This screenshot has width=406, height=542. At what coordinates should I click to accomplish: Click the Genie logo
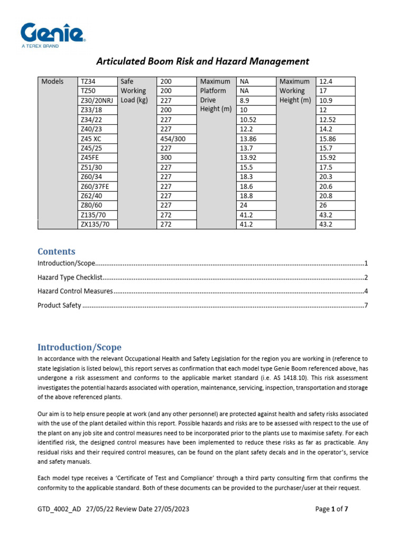[53, 35]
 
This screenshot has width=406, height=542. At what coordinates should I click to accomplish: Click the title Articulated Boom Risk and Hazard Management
[202, 61]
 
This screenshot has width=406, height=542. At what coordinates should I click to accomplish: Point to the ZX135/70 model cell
[95, 224]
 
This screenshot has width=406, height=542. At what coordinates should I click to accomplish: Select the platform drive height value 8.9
[245, 101]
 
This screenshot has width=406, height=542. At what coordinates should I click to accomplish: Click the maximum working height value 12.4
[326, 82]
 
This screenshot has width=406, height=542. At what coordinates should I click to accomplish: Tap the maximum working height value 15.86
[328, 139]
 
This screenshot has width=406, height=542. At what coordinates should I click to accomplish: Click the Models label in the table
[52, 82]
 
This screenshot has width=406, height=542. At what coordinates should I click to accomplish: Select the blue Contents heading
[56, 251]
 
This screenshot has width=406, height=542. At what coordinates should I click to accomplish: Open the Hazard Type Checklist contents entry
[69, 277]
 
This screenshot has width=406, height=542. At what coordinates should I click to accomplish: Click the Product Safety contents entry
[59, 305]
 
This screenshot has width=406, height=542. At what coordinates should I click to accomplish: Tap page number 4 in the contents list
[365, 291]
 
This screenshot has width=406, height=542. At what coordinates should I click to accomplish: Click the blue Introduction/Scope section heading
[79, 347]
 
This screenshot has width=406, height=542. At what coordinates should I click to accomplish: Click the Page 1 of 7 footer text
[331, 509]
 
